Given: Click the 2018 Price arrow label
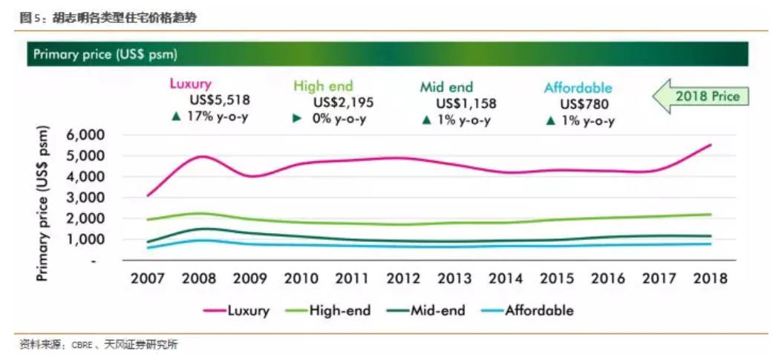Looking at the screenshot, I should click(x=702, y=96).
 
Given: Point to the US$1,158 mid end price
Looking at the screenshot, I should click(x=466, y=103).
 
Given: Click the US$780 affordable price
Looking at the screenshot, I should click(x=579, y=105).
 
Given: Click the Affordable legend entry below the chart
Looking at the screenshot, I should click(x=539, y=310).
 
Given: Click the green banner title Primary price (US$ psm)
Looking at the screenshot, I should click(x=105, y=55).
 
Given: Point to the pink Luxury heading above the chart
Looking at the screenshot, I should click(x=191, y=85).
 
